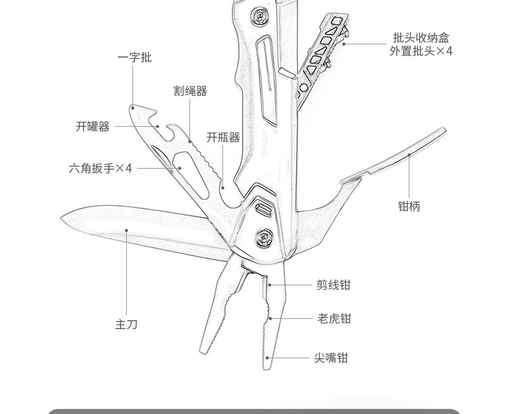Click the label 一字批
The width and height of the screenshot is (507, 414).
(134, 58)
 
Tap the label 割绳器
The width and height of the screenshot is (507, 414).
(190, 91)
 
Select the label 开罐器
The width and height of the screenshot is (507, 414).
(93, 127)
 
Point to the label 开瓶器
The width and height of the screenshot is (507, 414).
(223, 138)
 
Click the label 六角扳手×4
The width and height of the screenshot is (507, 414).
(101, 169)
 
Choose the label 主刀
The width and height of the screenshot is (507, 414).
(126, 325)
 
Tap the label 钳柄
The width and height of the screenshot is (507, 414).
(409, 206)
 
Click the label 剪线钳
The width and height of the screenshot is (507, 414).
(333, 285)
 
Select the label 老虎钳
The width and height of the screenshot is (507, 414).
(334, 318)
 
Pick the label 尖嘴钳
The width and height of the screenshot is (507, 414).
(331, 358)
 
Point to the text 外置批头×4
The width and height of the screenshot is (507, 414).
(421, 51)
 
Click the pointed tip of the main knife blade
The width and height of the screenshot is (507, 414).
(63, 219)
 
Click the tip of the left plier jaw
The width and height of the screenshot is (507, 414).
(204, 351)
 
